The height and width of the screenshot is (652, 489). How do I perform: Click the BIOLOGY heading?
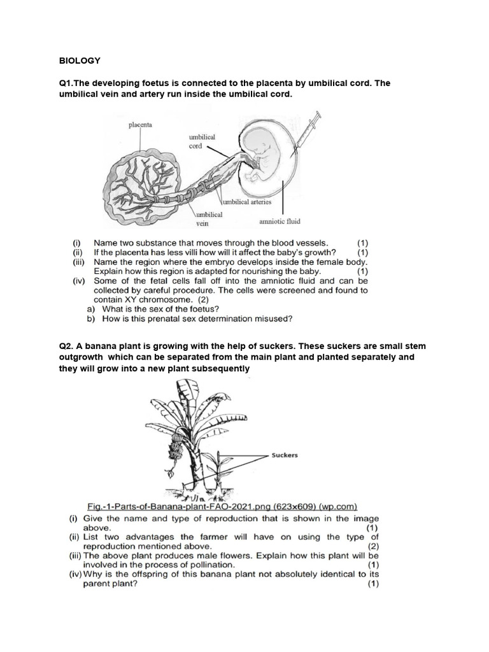click(80, 60)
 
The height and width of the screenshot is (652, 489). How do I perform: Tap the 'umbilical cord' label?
click(202, 141)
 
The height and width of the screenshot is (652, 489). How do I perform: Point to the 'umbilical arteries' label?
click(248, 202)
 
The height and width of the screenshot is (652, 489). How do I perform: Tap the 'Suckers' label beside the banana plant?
click(285, 455)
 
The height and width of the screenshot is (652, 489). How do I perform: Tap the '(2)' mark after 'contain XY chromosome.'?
click(204, 299)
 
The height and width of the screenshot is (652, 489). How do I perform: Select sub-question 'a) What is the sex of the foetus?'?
click(160, 309)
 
